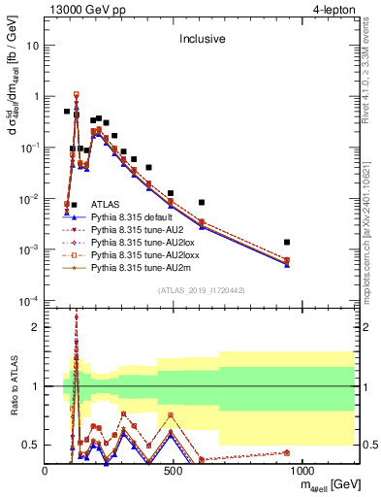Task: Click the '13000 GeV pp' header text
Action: (x=83, y=10)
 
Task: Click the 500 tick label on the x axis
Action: (x=173, y=471)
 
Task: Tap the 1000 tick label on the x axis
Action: (x=301, y=471)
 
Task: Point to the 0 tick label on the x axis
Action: (x=46, y=471)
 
